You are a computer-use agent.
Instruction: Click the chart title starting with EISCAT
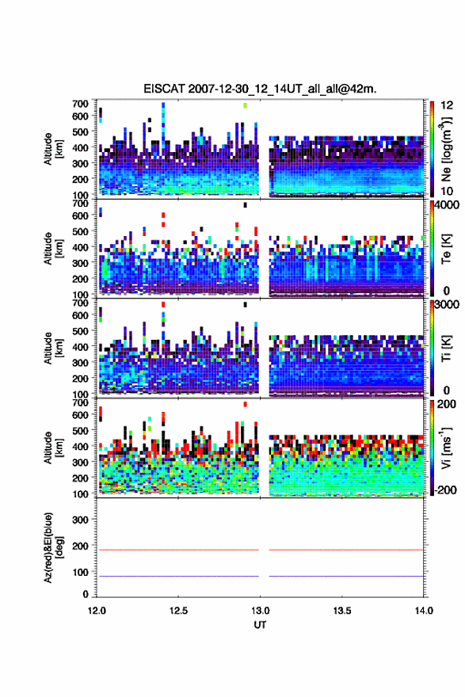[260, 89]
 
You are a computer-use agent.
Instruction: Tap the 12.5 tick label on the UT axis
[178, 611]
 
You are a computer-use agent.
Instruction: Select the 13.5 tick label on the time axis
[342, 611]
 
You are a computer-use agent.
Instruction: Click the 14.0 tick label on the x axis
[424, 611]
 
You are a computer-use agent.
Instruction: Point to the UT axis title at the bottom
[260, 625]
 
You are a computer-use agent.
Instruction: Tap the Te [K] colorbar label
[446, 249]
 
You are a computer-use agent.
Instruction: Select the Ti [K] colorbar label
[446, 348]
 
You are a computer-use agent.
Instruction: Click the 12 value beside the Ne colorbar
[448, 105]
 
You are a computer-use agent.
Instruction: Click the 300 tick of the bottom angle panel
[80, 520]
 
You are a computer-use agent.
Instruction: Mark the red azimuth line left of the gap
[177, 550]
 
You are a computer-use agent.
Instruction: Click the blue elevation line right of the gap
[346, 576]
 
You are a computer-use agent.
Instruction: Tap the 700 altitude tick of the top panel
[80, 104]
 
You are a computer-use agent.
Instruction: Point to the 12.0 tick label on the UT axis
[97, 611]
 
